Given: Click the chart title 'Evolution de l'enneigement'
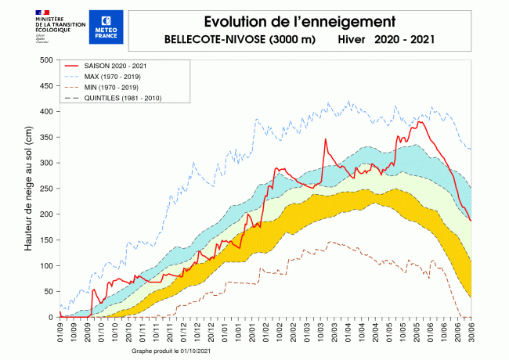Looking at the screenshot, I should pos(295,21).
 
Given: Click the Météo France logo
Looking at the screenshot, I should pos(106,27).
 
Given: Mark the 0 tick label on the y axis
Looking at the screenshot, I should pos(49,317).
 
